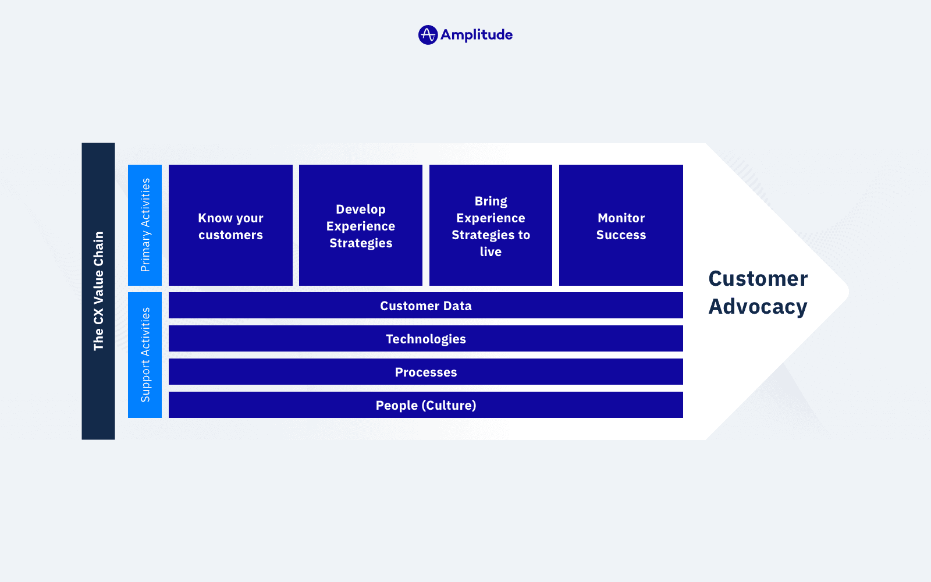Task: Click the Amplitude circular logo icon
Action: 428,35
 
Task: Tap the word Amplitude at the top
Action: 476,35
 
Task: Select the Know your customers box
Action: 230,225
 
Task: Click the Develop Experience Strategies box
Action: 361,225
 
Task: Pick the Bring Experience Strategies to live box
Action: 491,225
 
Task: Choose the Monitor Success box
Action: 621,225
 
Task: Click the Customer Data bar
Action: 425,306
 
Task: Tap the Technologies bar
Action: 425,339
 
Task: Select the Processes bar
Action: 425,372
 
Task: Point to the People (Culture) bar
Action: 425,405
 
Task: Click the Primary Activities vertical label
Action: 145,225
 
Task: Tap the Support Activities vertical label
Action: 145,355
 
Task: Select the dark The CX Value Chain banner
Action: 98,291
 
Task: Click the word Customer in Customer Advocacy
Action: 758,279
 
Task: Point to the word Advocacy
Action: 758,307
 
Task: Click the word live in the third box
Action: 491,252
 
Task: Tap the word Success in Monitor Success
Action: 621,235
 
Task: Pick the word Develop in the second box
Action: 361,210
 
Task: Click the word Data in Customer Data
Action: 457,306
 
